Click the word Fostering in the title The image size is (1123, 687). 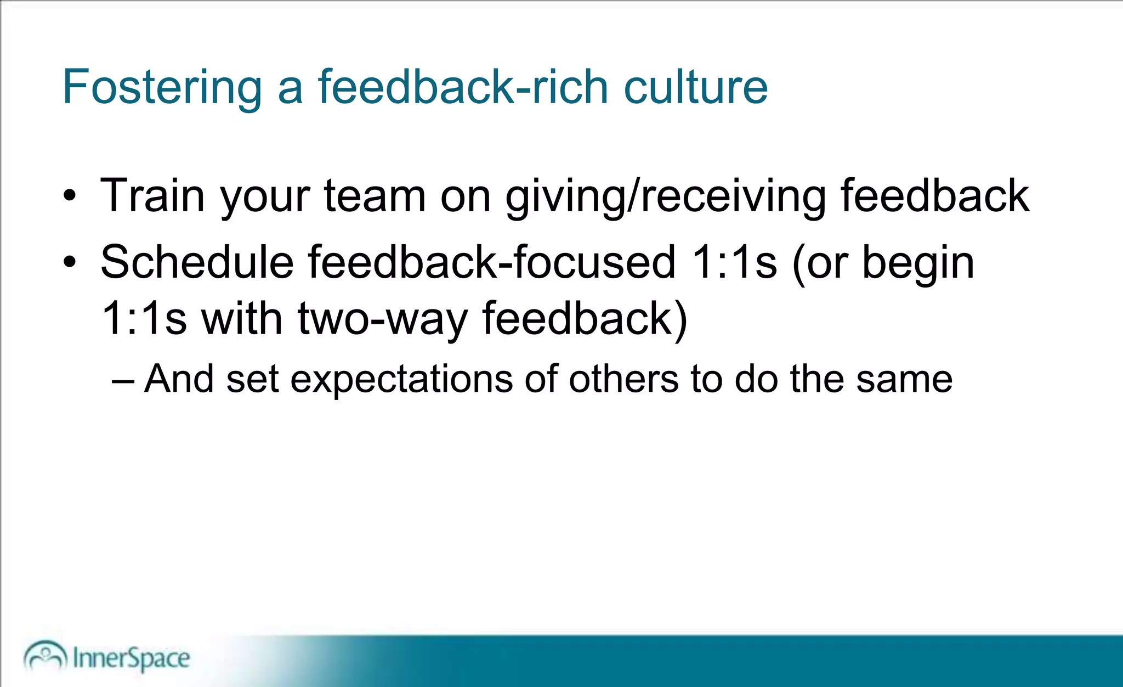tap(162, 88)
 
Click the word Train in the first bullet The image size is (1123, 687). tap(152, 195)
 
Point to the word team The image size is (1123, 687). tap(375, 195)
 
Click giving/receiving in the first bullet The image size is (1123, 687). tap(665, 196)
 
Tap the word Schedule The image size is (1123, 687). tap(197, 262)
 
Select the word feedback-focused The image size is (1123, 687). tap(491, 262)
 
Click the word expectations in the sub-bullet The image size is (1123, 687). tap(401, 379)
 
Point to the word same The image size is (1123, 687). tap(904, 379)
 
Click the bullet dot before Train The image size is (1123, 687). tap(70, 196)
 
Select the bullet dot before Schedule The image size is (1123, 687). tap(70, 262)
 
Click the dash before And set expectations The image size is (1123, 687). tap(122, 380)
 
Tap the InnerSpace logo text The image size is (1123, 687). tap(131, 658)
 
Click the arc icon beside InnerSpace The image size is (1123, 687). tap(45, 655)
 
